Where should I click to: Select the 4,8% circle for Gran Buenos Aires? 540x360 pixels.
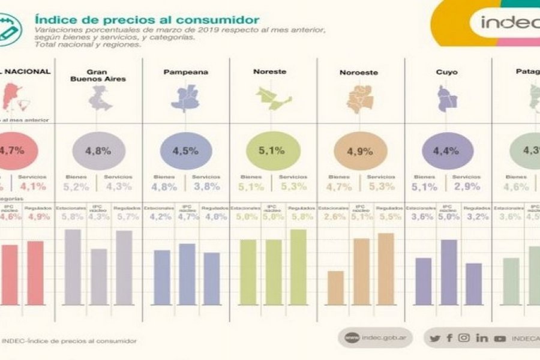(x=98, y=151)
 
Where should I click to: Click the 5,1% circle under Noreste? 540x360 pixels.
(x=273, y=151)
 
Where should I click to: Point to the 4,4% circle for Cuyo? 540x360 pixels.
(x=448, y=151)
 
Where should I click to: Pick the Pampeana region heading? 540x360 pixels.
(x=185, y=72)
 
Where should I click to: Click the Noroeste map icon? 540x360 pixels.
(x=359, y=99)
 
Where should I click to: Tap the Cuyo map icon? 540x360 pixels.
(x=447, y=98)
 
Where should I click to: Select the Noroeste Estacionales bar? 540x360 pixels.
(x=336, y=288)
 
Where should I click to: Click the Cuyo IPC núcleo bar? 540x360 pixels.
(x=449, y=272)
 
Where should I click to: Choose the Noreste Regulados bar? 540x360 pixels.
(x=298, y=267)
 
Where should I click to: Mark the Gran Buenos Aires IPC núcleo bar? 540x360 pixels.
(x=99, y=277)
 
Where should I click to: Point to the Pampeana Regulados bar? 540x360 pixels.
(x=211, y=278)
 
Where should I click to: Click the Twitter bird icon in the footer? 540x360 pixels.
(x=434, y=338)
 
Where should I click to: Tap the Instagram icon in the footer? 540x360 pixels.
(x=464, y=338)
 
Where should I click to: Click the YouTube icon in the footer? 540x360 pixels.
(x=499, y=338)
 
